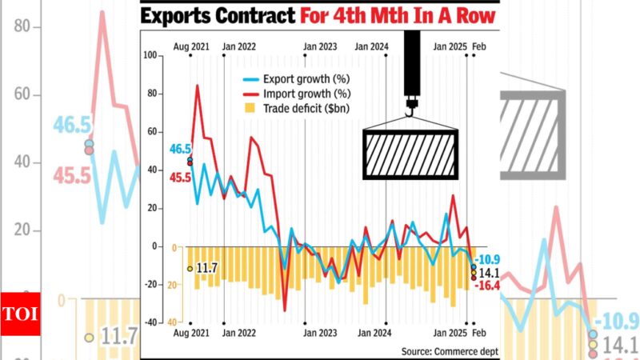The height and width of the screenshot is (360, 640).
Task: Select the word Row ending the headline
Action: click(472, 15)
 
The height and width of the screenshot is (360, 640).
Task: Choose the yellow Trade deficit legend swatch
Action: click(250, 107)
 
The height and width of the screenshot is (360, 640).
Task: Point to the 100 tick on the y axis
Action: click(151, 55)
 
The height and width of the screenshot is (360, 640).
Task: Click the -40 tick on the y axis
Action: click(151, 322)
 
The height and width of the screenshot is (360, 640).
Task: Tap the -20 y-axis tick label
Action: click(151, 285)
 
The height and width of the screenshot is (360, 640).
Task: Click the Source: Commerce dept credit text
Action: click(449, 350)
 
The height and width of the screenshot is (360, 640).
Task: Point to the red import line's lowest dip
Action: click(285, 310)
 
